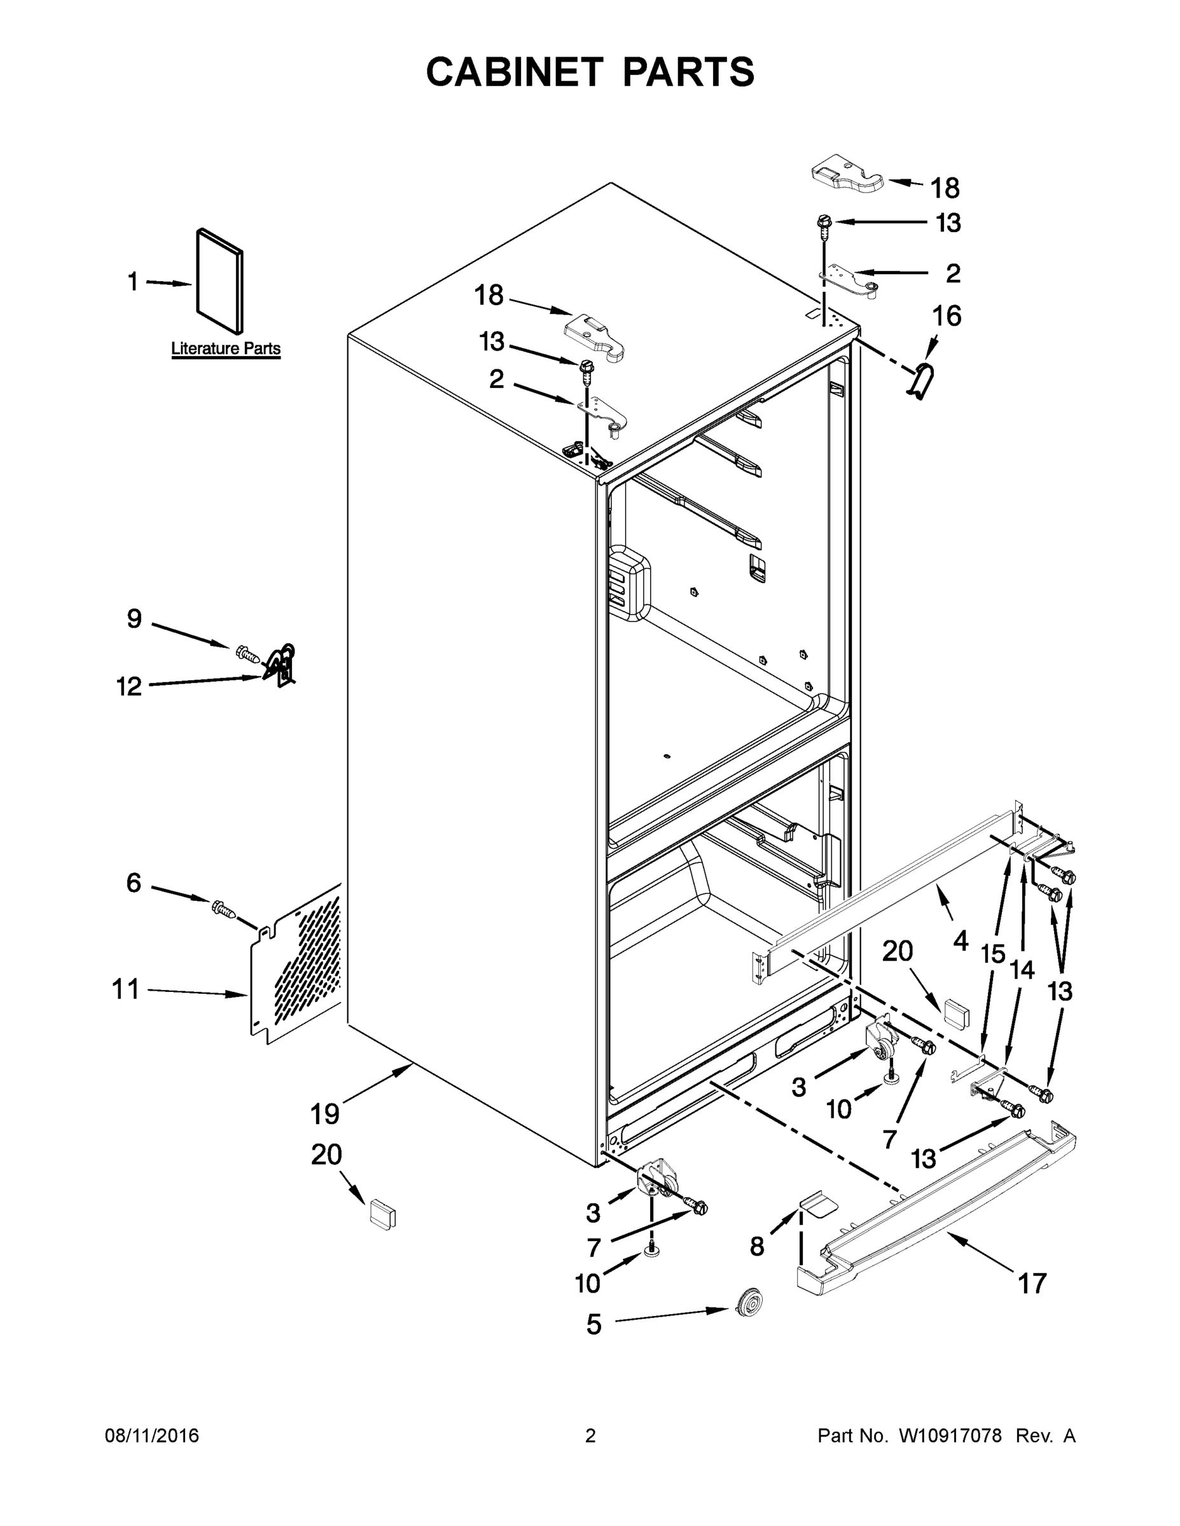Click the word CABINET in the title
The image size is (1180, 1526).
515,71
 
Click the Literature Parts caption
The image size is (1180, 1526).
226,348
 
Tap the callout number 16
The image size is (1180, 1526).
947,316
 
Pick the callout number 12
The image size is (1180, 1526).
128,686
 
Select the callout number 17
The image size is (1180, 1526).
1032,1283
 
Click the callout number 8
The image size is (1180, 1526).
757,1246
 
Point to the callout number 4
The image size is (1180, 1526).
961,941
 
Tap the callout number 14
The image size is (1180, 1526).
1022,970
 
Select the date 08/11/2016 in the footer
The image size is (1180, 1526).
151,1436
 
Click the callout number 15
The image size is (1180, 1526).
992,953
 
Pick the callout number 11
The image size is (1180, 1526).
126,989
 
